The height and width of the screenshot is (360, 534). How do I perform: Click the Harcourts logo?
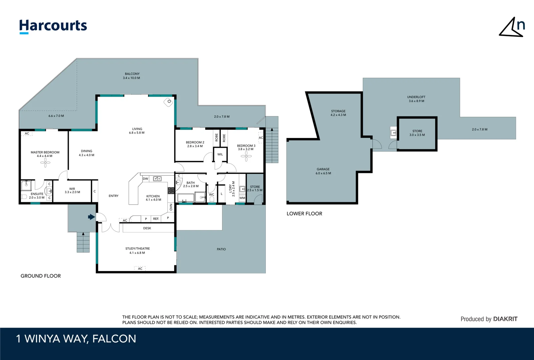[x=53, y=26]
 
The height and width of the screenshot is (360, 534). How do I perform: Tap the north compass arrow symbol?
[x=511, y=28]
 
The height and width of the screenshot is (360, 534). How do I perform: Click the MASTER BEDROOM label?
[x=45, y=152]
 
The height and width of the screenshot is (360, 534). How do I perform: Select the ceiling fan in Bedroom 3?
[x=246, y=156]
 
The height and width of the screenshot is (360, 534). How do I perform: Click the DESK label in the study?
[x=147, y=228]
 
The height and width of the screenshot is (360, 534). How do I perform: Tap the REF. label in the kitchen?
[x=156, y=219]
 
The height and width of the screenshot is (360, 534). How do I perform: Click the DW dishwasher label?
[x=146, y=179]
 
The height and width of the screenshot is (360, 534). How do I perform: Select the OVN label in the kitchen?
[x=171, y=207]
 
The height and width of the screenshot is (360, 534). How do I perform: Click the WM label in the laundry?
[x=242, y=198]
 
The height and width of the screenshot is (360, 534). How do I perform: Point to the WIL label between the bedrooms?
[x=220, y=154]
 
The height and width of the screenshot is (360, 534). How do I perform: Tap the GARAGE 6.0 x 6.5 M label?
[x=323, y=171]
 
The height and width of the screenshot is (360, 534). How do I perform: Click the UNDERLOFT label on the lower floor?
[x=416, y=97]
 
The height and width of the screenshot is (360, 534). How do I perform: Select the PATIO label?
[x=221, y=249]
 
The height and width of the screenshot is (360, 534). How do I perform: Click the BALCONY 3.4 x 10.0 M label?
[x=132, y=76]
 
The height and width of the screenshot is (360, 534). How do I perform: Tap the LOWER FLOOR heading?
[x=304, y=214]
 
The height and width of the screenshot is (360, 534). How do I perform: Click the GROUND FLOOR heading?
[x=41, y=276]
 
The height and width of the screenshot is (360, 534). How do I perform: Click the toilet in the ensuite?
[x=24, y=197]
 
